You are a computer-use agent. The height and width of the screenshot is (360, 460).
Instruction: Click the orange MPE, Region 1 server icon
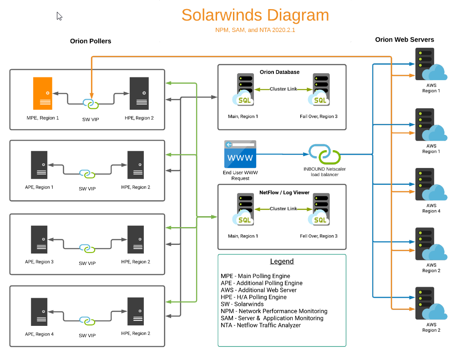43,93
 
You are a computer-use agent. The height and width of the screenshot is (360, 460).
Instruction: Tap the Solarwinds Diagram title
255,15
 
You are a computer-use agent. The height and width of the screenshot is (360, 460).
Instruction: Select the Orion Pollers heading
91,41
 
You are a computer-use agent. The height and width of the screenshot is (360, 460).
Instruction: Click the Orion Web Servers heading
404,40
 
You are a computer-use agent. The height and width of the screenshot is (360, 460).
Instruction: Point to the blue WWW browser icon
240,154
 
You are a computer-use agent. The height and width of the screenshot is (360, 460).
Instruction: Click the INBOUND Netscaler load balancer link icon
324,154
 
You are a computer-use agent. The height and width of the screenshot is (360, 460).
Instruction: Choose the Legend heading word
282,261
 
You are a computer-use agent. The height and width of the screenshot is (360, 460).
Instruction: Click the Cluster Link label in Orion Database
283,89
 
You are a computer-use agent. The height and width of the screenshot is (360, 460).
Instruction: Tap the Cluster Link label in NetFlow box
283,209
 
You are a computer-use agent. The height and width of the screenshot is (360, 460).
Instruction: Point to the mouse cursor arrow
59,16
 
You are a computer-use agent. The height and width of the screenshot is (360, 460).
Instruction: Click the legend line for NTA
261,325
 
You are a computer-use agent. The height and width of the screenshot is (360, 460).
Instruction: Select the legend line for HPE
253,297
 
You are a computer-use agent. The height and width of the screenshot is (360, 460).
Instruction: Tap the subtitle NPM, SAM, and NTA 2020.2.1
255,30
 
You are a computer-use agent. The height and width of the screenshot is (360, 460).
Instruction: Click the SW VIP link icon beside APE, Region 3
87,248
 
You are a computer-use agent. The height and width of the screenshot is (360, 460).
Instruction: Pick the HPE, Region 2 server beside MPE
139,93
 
